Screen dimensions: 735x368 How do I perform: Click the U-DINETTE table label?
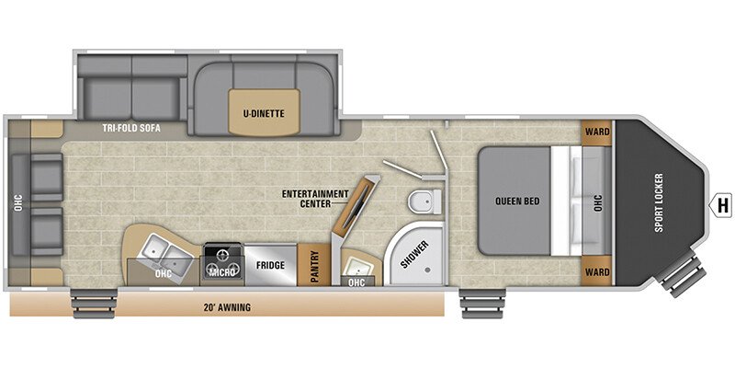click(264, 113)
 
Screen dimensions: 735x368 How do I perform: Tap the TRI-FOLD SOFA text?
click(131, 128)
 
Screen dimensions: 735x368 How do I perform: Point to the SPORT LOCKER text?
click(659, 202)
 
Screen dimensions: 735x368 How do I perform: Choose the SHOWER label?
click(414, 255)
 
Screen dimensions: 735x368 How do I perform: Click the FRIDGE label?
click(270, 265)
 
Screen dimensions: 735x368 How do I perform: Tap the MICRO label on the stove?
click(221, 272)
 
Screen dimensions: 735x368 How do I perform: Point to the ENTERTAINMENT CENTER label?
click(315, 199)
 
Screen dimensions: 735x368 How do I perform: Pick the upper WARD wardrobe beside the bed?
click(597, 131)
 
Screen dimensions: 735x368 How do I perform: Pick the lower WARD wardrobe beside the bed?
click(597, 271)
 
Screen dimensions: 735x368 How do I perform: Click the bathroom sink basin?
click(359, 267)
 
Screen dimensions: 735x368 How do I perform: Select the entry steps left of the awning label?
click(94, 304)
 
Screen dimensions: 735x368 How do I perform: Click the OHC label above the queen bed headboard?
click(598, 202)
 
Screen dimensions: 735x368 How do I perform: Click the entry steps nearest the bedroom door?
click(482, 304)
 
